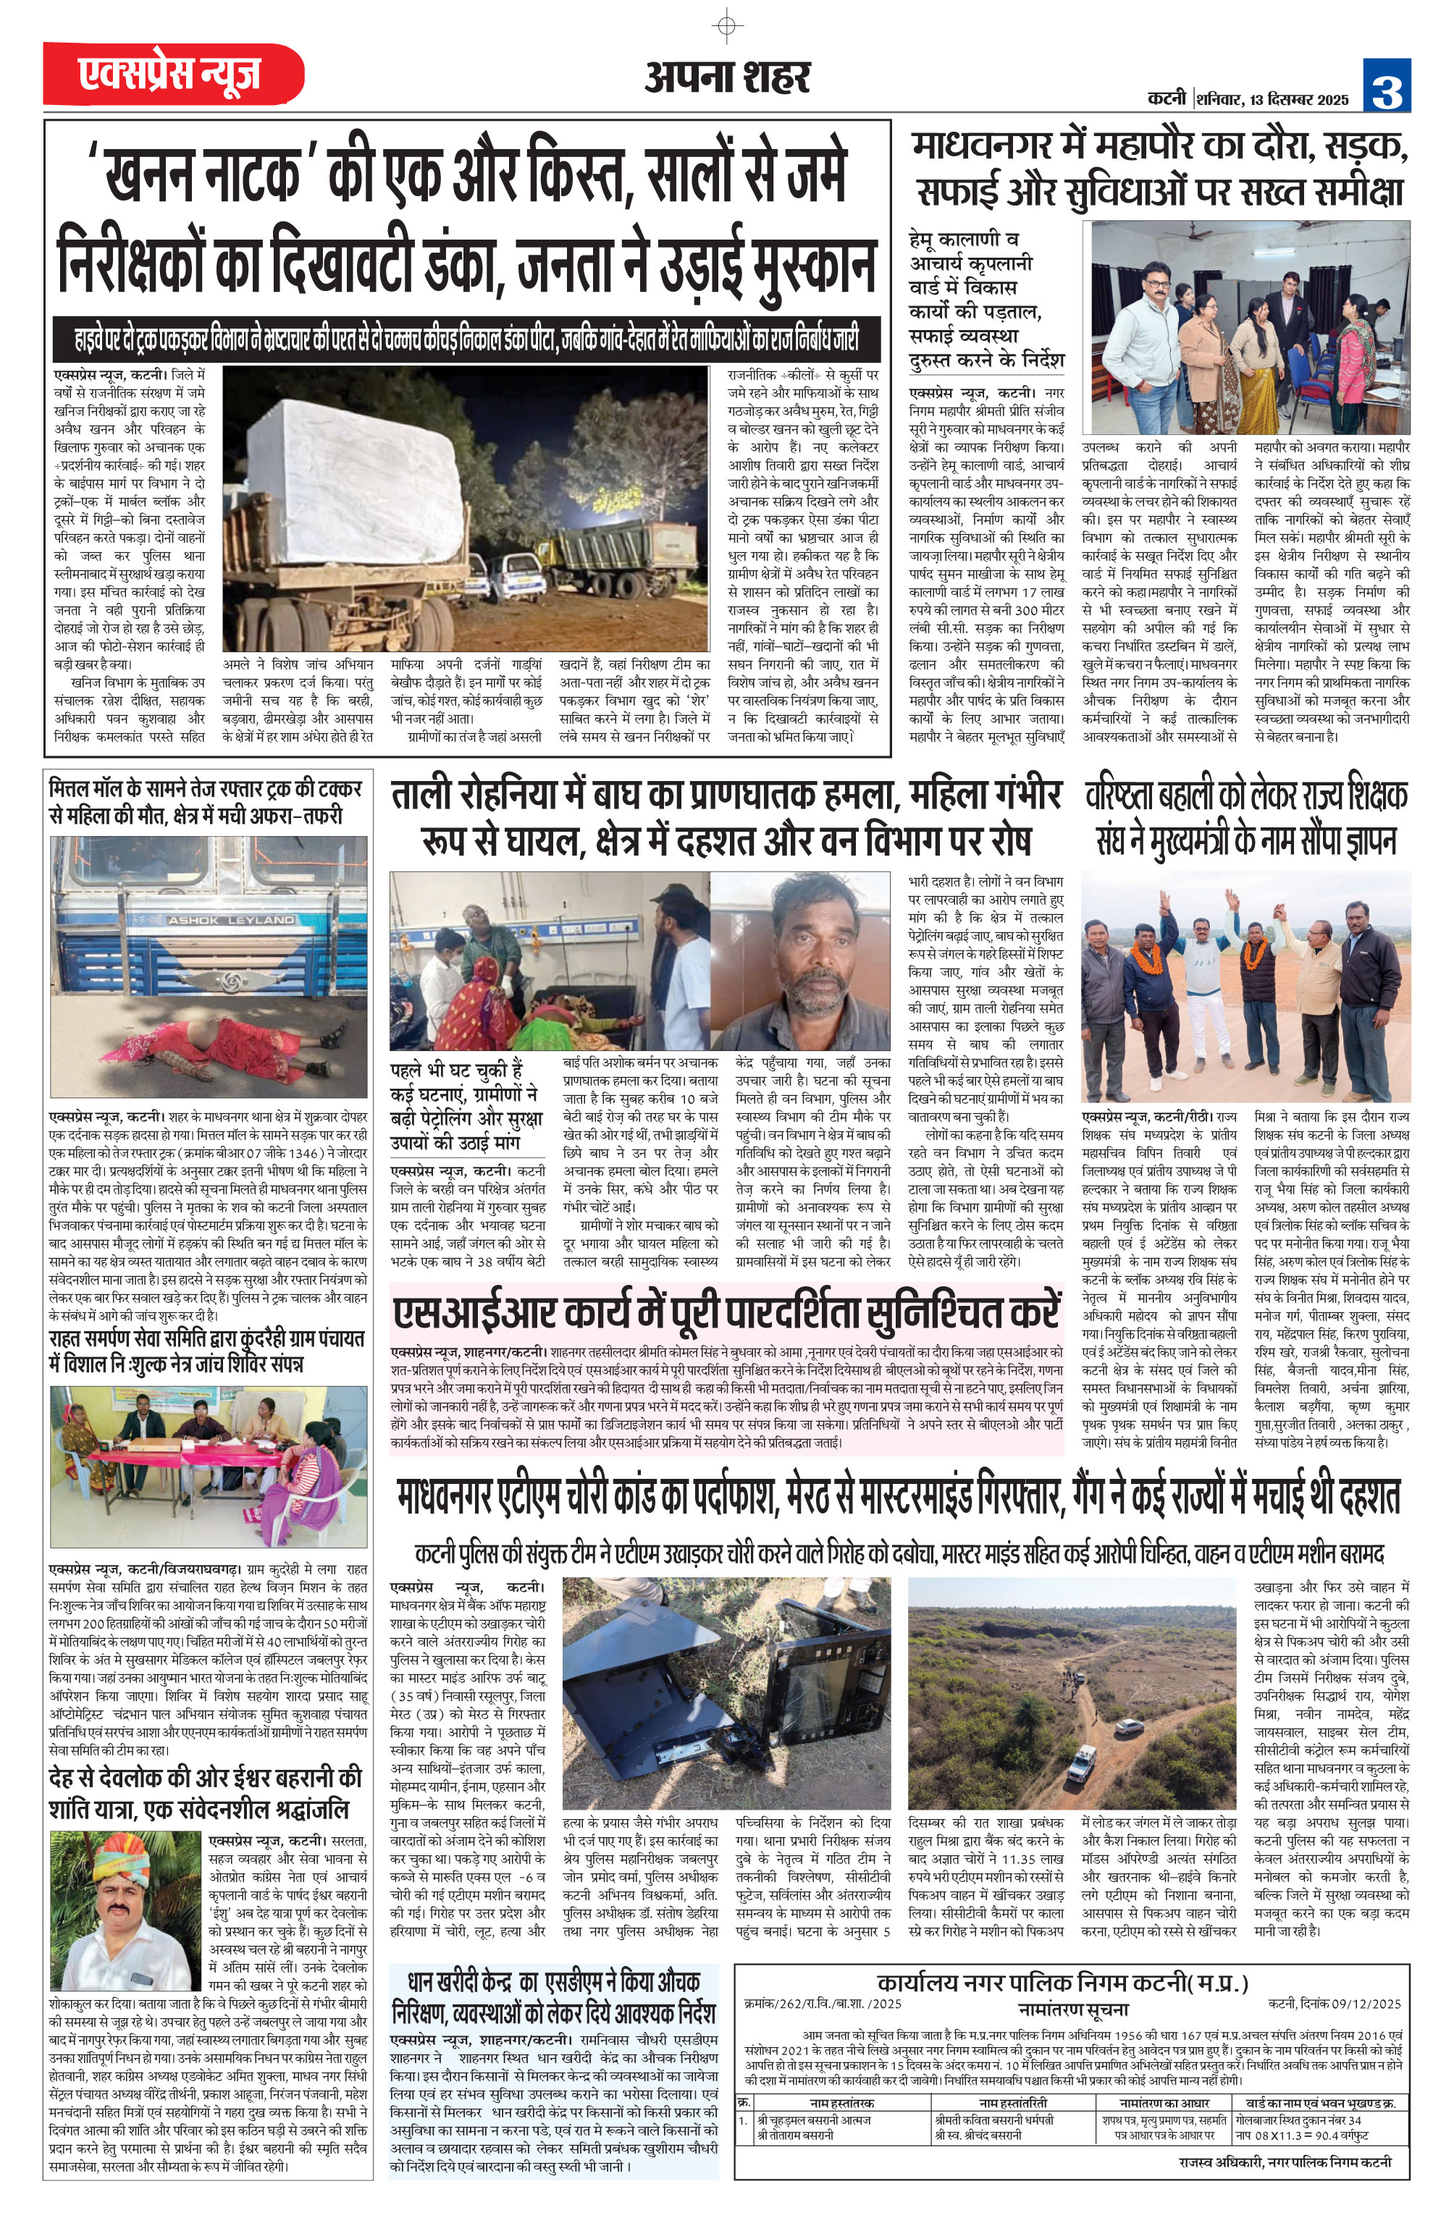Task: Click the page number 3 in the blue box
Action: (x=1386, y=85)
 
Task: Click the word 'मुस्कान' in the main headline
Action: (x=788, y=266)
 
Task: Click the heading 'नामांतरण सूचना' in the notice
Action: (x=1072, y=2007)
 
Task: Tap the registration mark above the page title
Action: (x=727, y=25)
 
